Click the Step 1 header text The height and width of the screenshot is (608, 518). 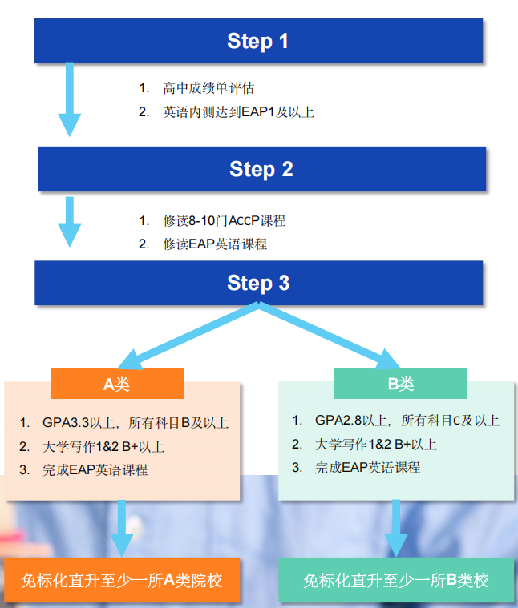pyautogui.click(x=257, y=41)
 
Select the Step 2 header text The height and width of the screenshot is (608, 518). pyautogui.click(x=261, y=169)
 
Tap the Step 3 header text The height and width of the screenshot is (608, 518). pyautogui.click(x=258, y=283)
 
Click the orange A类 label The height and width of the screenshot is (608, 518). pyautogui.click(x=116, y=384)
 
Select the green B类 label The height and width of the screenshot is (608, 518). pyautogui.click(x=401, y=384)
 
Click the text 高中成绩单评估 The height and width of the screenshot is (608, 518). pyautogui.click(x=208, y=88)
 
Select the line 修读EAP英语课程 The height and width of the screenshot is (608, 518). pyautogui.click(x=215, y=244)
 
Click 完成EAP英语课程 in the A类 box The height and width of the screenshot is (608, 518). pyautogui.click(x=95, y=470)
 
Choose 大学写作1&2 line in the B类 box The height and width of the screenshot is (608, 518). pyautogui.click(x=376, y=445)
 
